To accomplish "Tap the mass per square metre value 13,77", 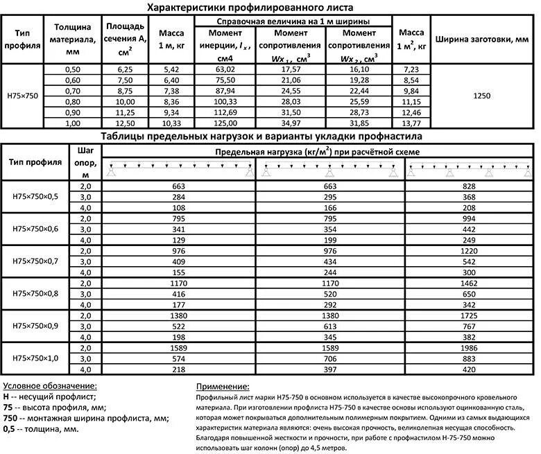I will click(411, 123).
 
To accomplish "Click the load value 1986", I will click(470, 347).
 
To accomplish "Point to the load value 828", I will click(470, 187).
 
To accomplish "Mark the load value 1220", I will click(470, 251).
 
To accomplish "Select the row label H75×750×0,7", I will click(35, 261).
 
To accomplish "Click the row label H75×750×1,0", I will click(35, 357).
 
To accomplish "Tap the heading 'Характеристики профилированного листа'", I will click(250, 8).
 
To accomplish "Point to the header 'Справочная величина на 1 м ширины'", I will click(292, 22).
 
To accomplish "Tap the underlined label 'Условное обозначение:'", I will click(49, 386).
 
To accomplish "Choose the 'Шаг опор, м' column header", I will click(86, 161).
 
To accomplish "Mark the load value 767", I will click(470, 326).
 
